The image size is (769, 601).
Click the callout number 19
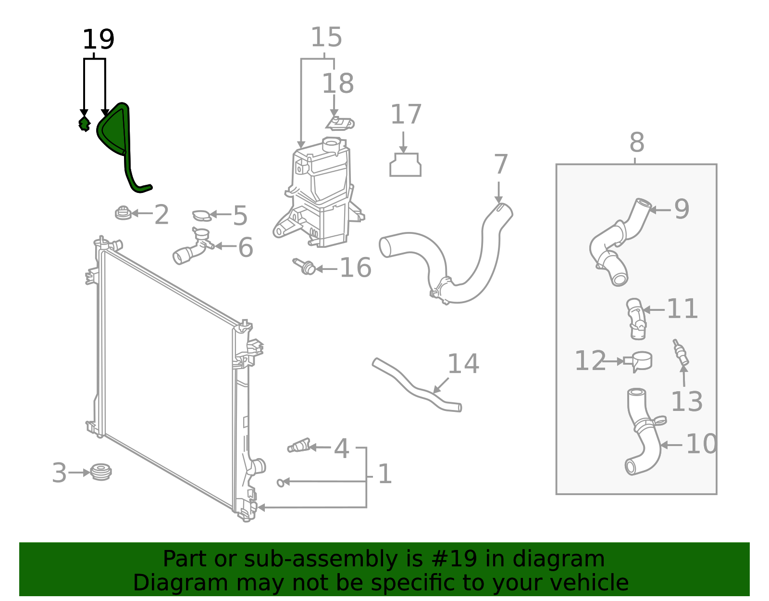pyautogui.click(x=98, y=39)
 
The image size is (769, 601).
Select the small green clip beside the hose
pyautogui.click(x=85, y=124)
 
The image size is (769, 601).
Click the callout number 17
pyautogui.click(x=406, y=115)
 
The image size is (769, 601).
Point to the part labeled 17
pyautogui.click(x=405, y=165)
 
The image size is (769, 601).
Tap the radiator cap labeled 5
pyautogui.click(x=201, y=215)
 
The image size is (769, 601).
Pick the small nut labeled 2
pyautogui.click(x=123, y=213)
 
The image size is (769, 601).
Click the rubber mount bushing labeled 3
pyautogui.click(x=101, y=472)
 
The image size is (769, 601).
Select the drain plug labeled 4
pyautogui.click(x=299, y=446)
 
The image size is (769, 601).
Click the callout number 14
pyautogui.click(x=463, y=364)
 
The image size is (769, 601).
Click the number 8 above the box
pyautogui.click(x=636, y=143)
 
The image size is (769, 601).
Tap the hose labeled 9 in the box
pyautogui.click(x=618, y=241)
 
